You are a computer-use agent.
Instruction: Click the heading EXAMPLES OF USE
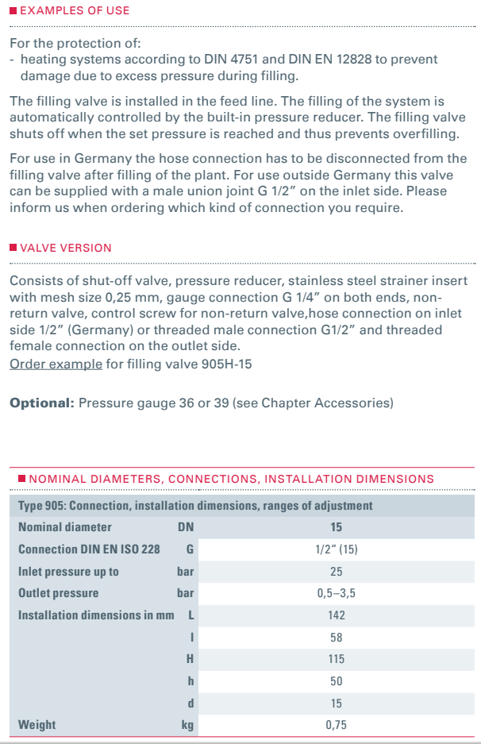[x=75, y=11]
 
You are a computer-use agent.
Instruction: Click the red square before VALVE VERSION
[x=13, y=248]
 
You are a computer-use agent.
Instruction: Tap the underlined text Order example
[x=56, y=364]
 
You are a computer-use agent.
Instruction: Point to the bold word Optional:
[x=42, y=403]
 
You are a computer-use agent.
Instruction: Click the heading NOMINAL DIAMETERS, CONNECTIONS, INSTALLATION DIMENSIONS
[x=231, y=479]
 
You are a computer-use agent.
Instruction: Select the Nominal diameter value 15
[x=336, y=527]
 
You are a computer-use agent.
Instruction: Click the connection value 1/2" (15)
[x=336, y=549]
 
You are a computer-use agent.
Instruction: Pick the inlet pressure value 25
[x=336, y=572]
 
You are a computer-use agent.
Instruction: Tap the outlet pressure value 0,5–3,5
[x=336, y=593]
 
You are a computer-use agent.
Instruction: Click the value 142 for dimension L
[x=336, y=615]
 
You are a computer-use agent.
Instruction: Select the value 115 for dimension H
[x=336, y=659]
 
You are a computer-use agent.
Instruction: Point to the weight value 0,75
[x=336, y=725]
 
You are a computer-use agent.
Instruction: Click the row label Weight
[x=37, y=725]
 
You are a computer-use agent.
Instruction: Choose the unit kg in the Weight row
[x=187, y=725]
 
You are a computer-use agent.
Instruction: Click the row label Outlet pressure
[x=58, y=593]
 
